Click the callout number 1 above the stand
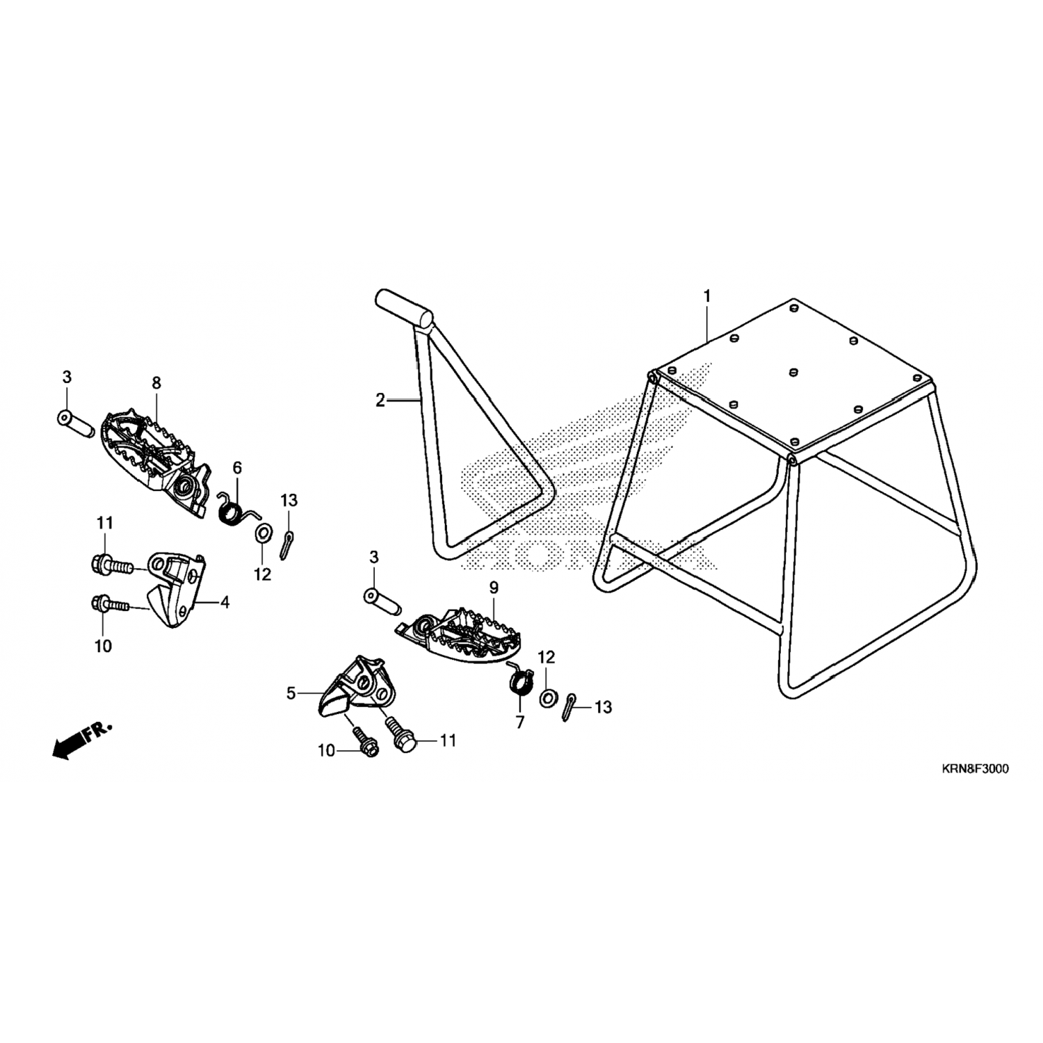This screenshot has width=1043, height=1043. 707,296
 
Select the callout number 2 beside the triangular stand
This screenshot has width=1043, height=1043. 380,401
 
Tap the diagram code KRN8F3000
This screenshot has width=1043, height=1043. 975,769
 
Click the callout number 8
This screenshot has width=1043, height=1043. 156,382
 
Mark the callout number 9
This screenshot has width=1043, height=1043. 494,588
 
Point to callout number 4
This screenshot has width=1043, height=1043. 225,602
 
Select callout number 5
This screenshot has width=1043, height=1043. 291,693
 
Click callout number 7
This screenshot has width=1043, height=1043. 520,722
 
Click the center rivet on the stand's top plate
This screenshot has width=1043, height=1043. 793,373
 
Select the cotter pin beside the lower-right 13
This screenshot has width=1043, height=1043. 570,707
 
